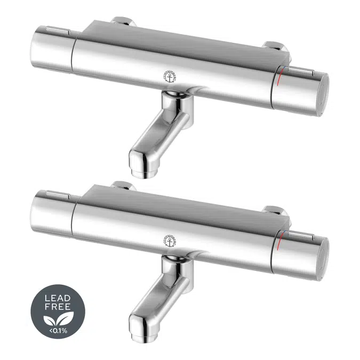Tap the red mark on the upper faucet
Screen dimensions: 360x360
point(279,81)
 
